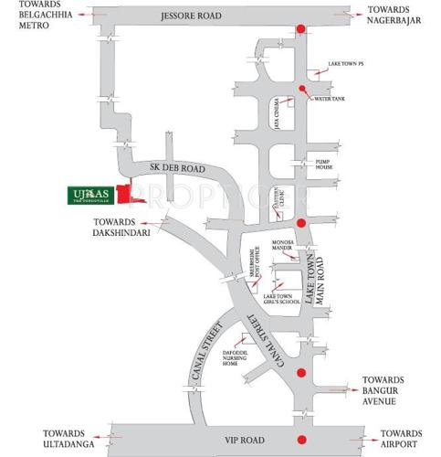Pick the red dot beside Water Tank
tap(302, 89)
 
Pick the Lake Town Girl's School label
tap(281, 301)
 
